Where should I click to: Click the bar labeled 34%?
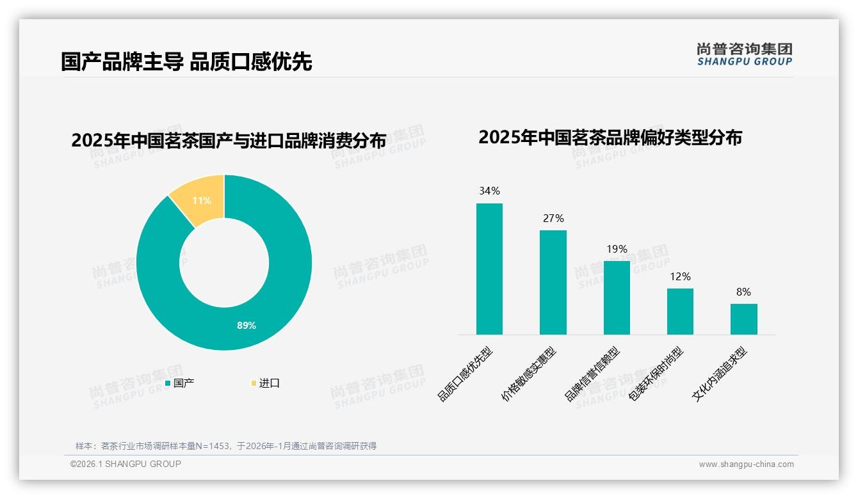(489, 269)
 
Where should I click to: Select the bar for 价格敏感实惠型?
(553, 282)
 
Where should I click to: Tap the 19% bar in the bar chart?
(617, 297)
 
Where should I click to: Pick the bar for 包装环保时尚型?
(680, 312)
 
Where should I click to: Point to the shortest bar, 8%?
(743, 319)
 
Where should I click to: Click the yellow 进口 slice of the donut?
(198, 200)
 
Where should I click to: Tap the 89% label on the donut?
(247, 325)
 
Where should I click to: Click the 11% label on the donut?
(202, 200)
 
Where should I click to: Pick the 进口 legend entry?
(265, 383)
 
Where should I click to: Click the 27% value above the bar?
(553, 218)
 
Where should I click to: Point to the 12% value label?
(680, 276)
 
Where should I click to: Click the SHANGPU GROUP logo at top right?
(744, 54)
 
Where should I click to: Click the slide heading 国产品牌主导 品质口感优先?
(186, 61)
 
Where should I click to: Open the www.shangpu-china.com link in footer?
(746, 464)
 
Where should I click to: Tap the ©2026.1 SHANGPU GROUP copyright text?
(125, 464)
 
